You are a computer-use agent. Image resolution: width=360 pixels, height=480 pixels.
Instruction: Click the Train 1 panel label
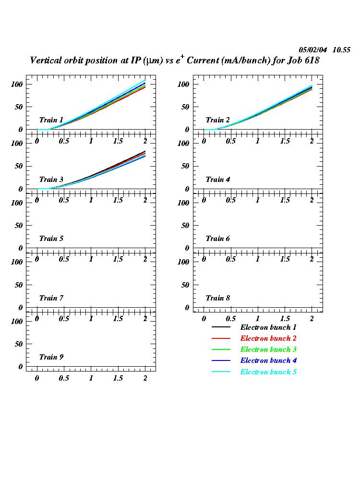pyautogui.click(x=51, y=120)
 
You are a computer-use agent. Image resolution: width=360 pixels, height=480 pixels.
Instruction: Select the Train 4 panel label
pyautogui.click(x=218, y=180)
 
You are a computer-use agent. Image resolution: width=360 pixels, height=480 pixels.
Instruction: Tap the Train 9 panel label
pyautogui.click(x=51, y=357)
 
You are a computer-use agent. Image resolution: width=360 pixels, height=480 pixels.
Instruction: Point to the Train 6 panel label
pyautogui.click(x=218, y=239)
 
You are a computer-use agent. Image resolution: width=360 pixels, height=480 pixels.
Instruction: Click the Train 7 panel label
pyautogui.click(x=51, y=298)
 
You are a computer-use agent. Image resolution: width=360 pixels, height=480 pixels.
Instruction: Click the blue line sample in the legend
pyautogui.click(x=221, y=361)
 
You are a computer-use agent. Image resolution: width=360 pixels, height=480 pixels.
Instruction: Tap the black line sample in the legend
pyautogui.click(x=221, y=327)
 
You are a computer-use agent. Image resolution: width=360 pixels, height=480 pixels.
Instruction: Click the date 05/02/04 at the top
pyautogui.click(x=313, y=50)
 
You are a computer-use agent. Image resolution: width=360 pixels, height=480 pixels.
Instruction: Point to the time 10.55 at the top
pyautogui.click(x=341, y=50)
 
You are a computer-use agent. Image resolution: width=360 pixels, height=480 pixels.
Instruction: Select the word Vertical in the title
pyautogui.click(x=47, y=61)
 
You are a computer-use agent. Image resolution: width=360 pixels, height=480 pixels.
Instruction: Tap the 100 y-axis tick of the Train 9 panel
pyautogui.click(x=17, y=321)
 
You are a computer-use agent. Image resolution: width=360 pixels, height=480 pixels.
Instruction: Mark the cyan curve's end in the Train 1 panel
pyautogui.click(x=145, y=80)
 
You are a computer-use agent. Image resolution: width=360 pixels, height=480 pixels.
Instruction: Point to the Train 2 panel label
pyautogui.click(x=218, y=120)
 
